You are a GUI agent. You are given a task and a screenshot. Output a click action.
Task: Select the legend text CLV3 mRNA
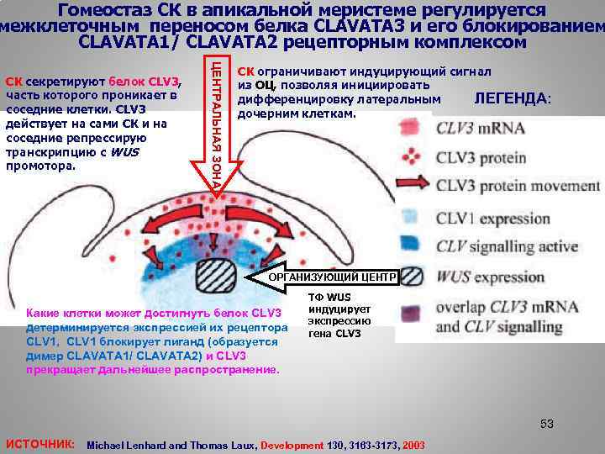(x=480, y=129)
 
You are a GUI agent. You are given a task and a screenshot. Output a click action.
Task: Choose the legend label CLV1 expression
(x=493, y=219)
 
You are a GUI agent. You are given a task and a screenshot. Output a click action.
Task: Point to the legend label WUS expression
(x=491, y=276)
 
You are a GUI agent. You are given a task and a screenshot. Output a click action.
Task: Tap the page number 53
(x=547, y=424)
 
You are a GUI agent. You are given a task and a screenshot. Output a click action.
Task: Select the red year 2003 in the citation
(x=414, y=445)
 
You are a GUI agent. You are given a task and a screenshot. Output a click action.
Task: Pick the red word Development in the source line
(x=292, y=445)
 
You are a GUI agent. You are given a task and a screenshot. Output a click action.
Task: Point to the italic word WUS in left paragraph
(x=124, y=152)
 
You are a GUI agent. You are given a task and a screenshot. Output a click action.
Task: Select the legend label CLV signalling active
(x=507, y=246)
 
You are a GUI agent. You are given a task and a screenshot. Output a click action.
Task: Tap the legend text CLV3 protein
(x=481, y=156)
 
